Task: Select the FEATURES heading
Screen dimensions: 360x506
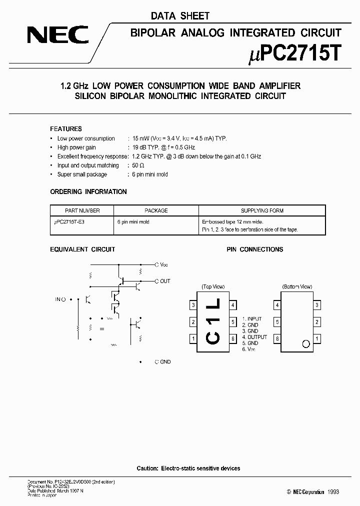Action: pos(66,129)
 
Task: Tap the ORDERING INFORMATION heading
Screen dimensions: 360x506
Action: pos(88,191)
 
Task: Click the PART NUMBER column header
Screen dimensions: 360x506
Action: pos(82,210)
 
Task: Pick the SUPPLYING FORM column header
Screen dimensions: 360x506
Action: pos(262,210)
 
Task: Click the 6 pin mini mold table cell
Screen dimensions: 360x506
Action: pos(133,221)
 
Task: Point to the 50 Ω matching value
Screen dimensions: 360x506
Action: pos(138,165)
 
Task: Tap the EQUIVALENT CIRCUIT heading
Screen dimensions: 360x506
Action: pos(83,249)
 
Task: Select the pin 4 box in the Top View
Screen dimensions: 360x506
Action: pos(233,305)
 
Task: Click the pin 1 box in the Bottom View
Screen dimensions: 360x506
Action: pos(316,338)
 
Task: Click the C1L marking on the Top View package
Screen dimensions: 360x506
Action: pos(213,322)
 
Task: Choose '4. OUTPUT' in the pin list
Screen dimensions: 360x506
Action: pos(255,337)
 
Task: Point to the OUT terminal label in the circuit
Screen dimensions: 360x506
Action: pos(165,281)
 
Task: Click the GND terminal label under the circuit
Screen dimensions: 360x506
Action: pos(165,361)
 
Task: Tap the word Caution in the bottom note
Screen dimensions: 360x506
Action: pos(147,468)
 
